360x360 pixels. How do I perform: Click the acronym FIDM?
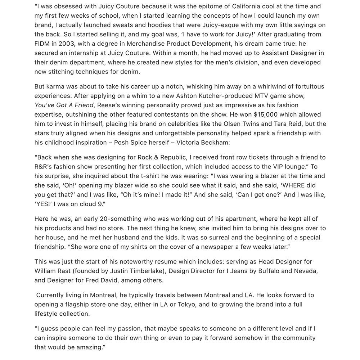[43, 44]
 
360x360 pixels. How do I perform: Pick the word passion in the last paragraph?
[112, 328]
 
